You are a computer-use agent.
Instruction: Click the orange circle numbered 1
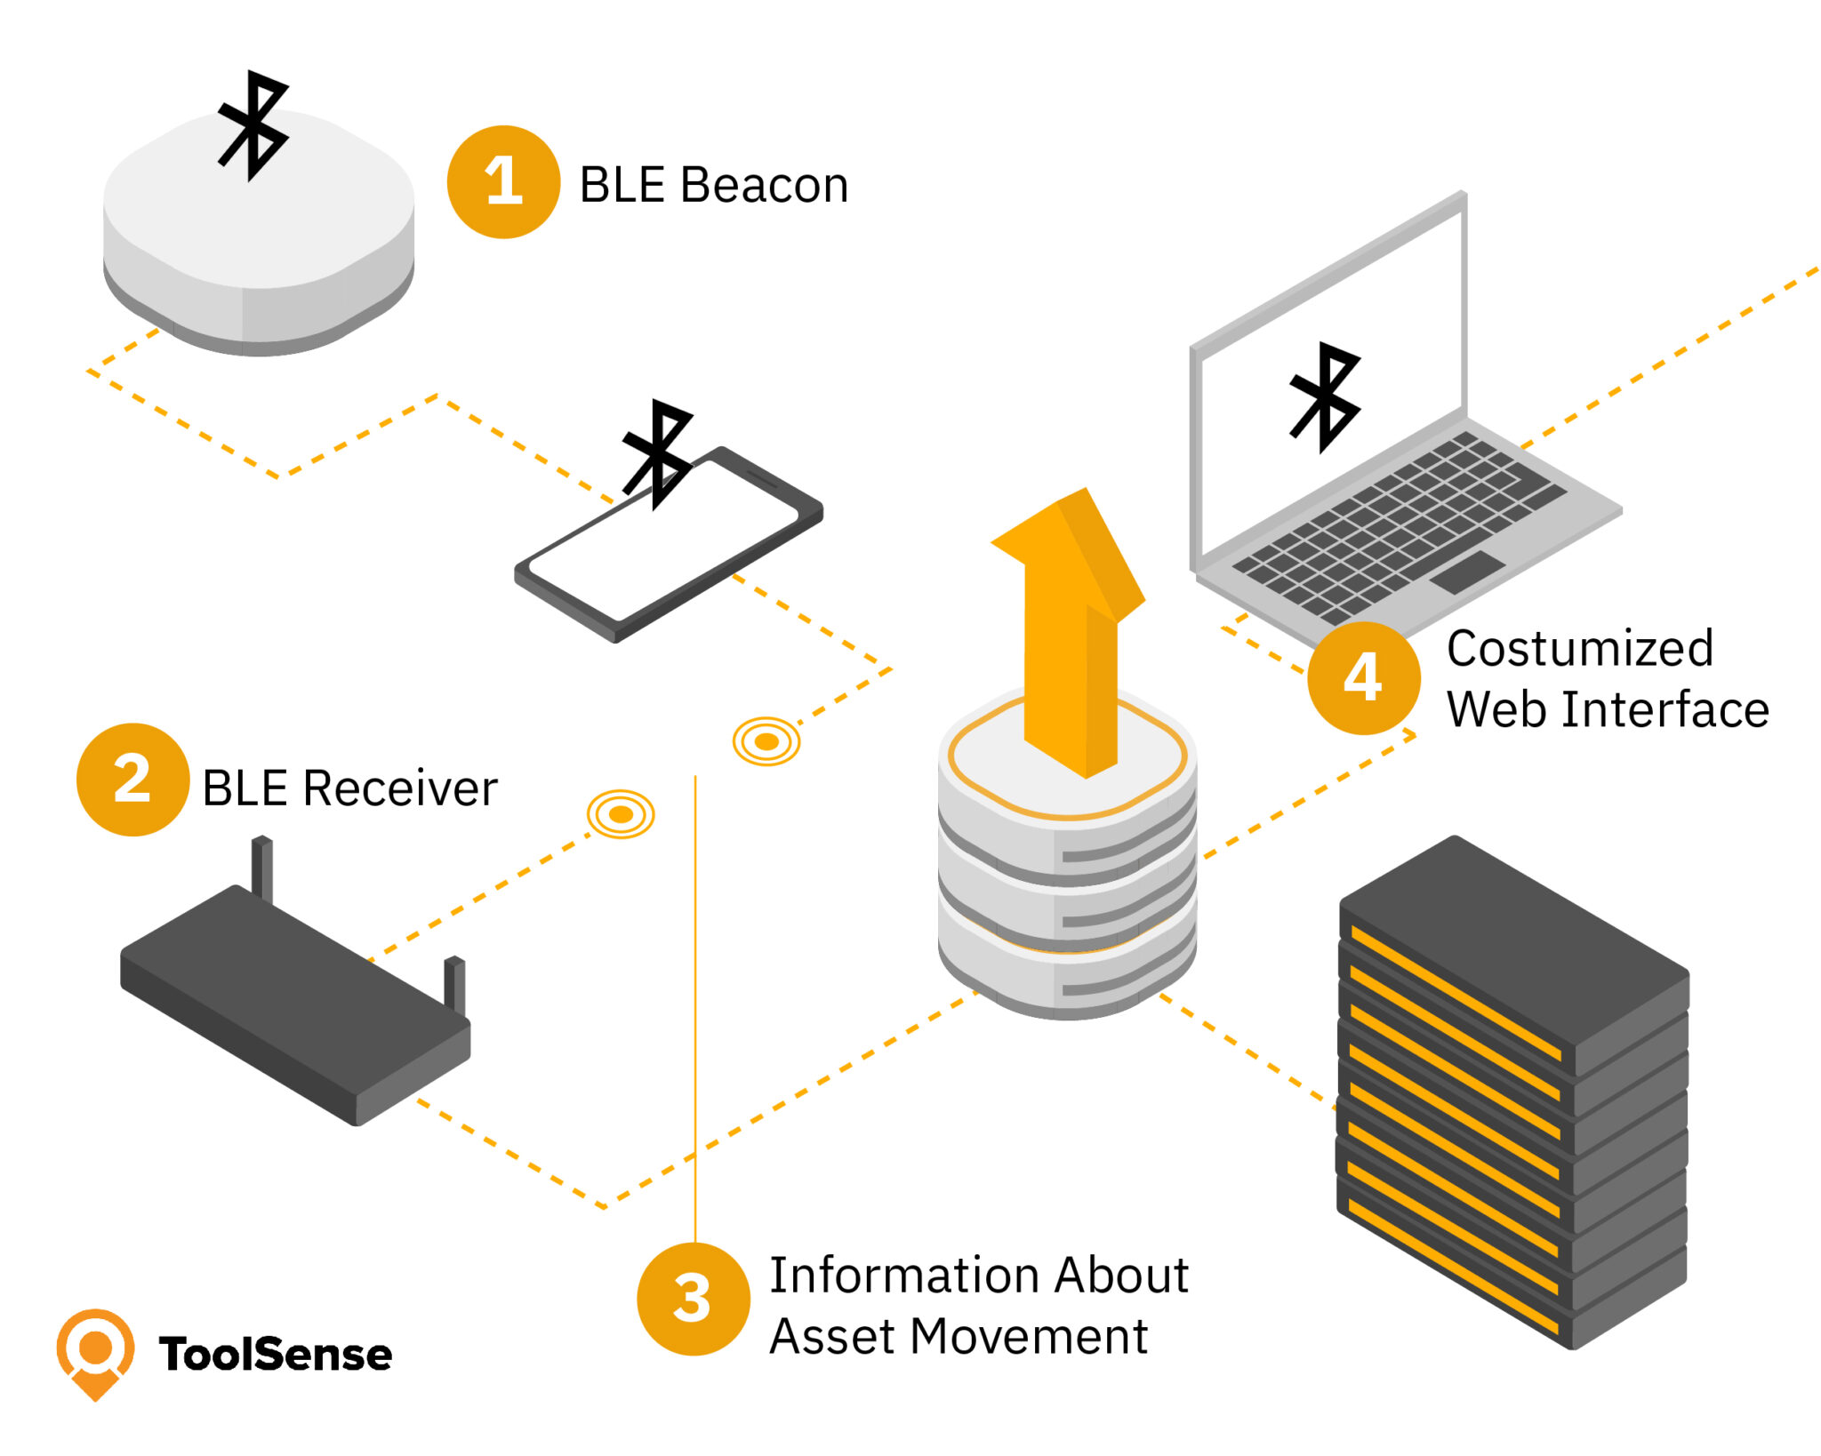(x=503, y=182)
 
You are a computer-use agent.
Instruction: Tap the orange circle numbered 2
(x=132, y=780)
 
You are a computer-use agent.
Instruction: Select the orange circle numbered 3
(x=693, y=1299)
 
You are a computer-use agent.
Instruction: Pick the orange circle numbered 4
(x=1363, y=677)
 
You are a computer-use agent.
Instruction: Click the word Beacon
(x=764, y=186)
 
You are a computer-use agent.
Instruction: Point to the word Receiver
(x=400, y=788)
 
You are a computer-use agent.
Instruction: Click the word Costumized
(x=1579, y=648)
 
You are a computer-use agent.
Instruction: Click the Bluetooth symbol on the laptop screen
(x=1325, y=396)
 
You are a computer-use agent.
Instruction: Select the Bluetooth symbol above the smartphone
(x=658, y=453)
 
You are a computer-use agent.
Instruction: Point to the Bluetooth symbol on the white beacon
(x=253, y=125)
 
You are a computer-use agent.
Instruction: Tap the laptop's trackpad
(x=1467, y=572)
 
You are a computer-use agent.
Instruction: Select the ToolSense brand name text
(x=276, y=1355)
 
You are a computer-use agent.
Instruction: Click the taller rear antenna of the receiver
(x=261, y=867)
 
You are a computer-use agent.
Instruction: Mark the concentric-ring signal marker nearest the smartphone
(x=766, y=741)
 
